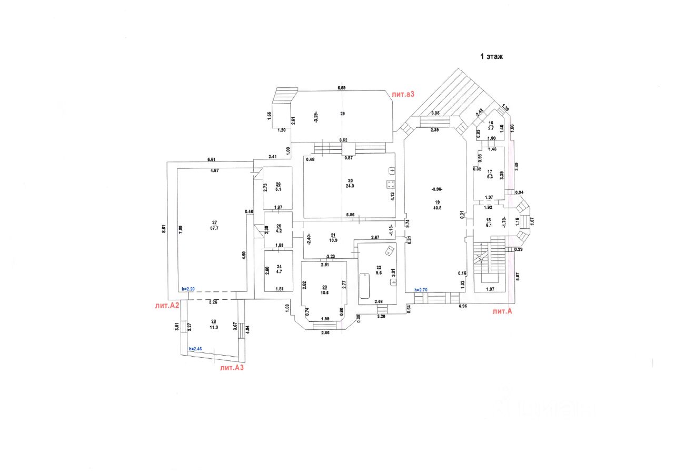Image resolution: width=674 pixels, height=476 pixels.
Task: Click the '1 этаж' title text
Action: pyautogui.click(x=491, y=56)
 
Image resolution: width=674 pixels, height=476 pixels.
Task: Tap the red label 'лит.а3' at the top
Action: pyautogui.click(x=403, y=95)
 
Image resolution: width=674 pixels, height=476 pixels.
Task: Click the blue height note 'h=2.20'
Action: pyautogui.click(x=189, y=289)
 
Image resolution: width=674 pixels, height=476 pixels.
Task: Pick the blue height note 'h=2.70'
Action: pyautogui.click(x=422, y=289)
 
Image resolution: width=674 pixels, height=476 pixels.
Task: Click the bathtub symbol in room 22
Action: pyautogui.click(x=365, y=286)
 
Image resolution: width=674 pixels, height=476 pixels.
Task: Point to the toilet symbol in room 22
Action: pyautogui.click(x=389, y=251)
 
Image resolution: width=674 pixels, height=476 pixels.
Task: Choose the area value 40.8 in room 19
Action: pyautogui.click(x=437, y=207)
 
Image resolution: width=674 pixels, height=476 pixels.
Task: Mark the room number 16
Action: pyautogui.click(x=490, y=123)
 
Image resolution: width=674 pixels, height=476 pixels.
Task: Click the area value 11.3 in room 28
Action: pyautogui.click(x=213, y=326)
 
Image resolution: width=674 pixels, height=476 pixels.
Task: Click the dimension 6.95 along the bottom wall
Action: pyautogui.click(x=463, y=306)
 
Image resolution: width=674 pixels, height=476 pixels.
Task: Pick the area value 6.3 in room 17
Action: pyautogui.click(x=490, y=177)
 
